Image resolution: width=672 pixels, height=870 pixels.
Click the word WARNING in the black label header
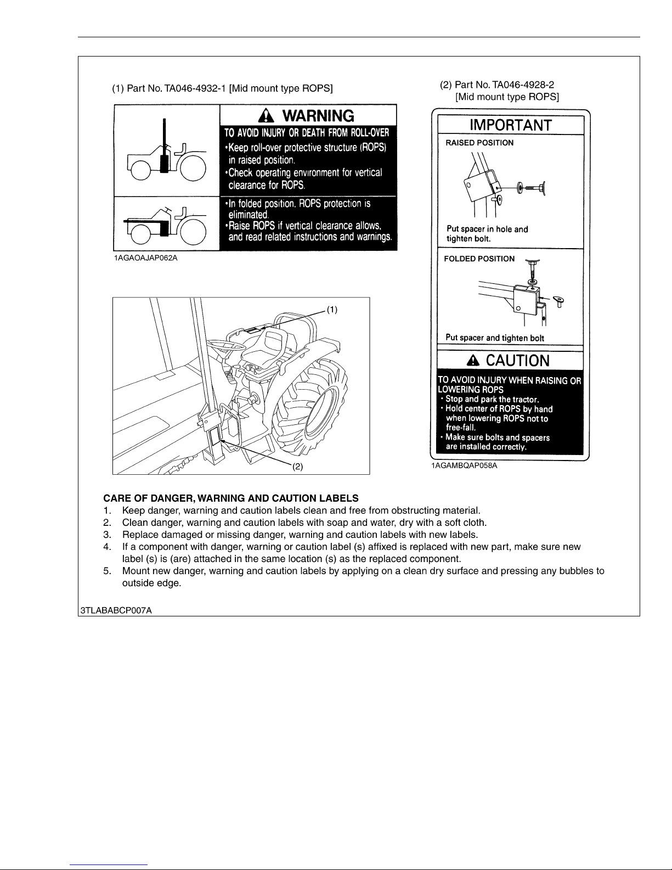pyautogui.click(x=318, y=115)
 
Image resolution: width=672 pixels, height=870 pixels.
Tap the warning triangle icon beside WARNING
pyautogui.click(x=266, y=115)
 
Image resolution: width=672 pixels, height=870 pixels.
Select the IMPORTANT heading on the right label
pyautogui.click(x=510, y=125)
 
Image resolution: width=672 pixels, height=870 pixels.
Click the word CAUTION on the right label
pyautogui.click(x=517, y=361)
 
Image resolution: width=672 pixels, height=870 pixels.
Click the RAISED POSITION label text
pyautogui.click(x=479, y=143)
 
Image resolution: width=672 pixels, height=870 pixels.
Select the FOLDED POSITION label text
pyautogui.click(x=479, y=259)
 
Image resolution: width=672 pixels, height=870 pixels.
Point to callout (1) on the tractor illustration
pyautogui.click(x=332, y=310)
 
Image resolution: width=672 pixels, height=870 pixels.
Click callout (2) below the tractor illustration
pyautogui.click(x=297, y=467)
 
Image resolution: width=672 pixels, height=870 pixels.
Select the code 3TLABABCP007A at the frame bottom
pyautogui.click(x=115, y=610)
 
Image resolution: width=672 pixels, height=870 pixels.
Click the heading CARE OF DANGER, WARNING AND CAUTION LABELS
pyautogui.click(x=231, y=498)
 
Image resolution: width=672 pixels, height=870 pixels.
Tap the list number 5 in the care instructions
pyautogui.click(x=108, y=571)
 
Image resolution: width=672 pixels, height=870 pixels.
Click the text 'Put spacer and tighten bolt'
pyautogui.click(x=495, y=338)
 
